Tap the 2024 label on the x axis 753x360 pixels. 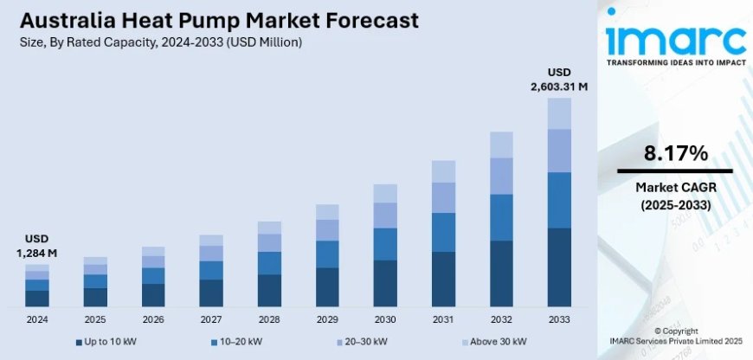(x=36, y=319)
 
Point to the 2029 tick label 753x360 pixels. (x=327, y=319)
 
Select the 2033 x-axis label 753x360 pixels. (x=559, y=319)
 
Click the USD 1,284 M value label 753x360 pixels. (x=35, y=246)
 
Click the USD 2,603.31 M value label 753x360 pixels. (x=559, y=79)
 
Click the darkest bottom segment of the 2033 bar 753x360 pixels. (x=559, y=267)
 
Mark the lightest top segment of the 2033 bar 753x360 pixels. (x=559, y=113)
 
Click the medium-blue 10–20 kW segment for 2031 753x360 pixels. (x=443, y=232)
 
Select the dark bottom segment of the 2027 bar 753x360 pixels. (x=211, y=293)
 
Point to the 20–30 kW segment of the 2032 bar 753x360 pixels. (x=501, y=176)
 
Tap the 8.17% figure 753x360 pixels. (x=675, y=154)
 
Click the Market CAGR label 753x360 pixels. (x=675, y=188)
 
